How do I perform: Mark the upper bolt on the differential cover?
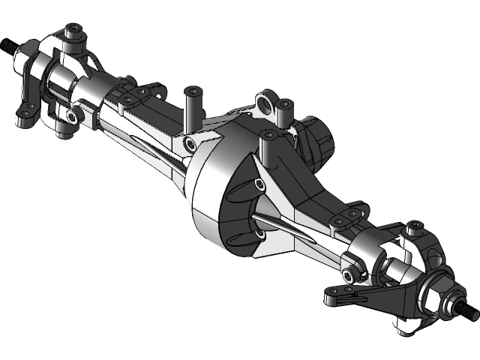click(259, 183)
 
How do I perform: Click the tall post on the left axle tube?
click(193, 105)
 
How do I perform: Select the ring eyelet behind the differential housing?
click(265, 100)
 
